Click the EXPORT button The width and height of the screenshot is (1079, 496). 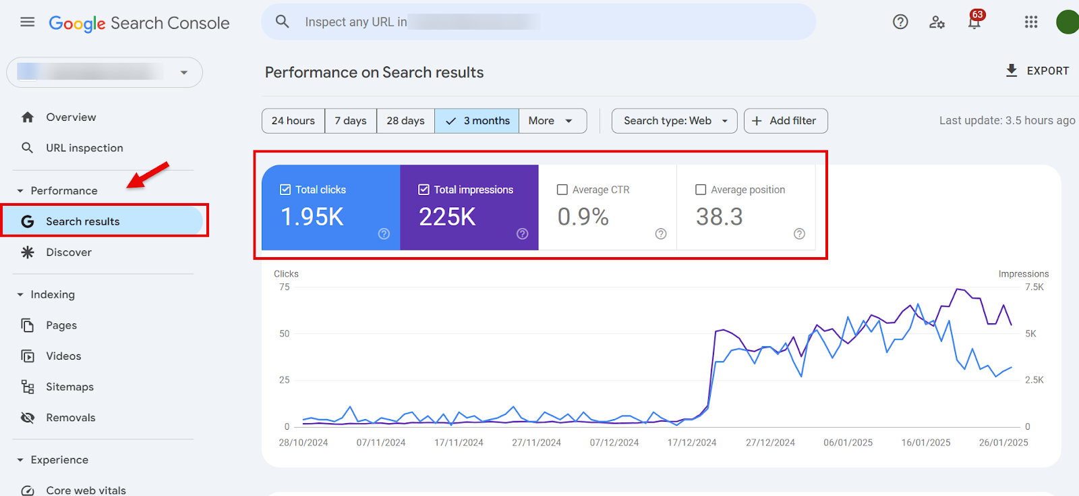point(1037,71)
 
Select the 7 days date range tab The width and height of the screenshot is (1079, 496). point(351,121)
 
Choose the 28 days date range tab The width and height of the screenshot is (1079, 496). point(405,121)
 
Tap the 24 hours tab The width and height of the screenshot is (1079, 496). point(293,121)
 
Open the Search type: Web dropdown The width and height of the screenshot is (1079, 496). point(674,121)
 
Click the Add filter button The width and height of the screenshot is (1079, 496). point(785,121)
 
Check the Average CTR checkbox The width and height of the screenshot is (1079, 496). point(562,190)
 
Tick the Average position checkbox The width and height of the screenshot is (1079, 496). point(701,190)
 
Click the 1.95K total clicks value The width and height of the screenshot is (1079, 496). point(312,217)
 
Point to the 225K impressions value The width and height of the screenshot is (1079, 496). point(447,217)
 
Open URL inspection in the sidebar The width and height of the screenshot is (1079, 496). point(84,148)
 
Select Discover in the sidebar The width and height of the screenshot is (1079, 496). point(69,252)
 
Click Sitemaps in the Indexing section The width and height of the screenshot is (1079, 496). point(69,387)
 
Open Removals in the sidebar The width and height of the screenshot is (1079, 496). point(71,418)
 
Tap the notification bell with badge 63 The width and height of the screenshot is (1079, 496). point(974,22)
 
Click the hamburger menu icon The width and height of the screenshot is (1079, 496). point(28,22)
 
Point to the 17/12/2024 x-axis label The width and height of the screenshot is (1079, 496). point(692,443)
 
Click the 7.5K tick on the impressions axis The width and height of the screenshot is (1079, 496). point(1034,287)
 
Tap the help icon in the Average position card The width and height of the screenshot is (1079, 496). point(799,233)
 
